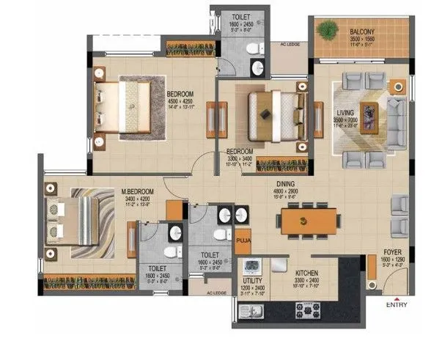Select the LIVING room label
345,113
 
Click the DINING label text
286,185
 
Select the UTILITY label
253,280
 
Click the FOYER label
391,251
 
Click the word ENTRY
397,307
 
